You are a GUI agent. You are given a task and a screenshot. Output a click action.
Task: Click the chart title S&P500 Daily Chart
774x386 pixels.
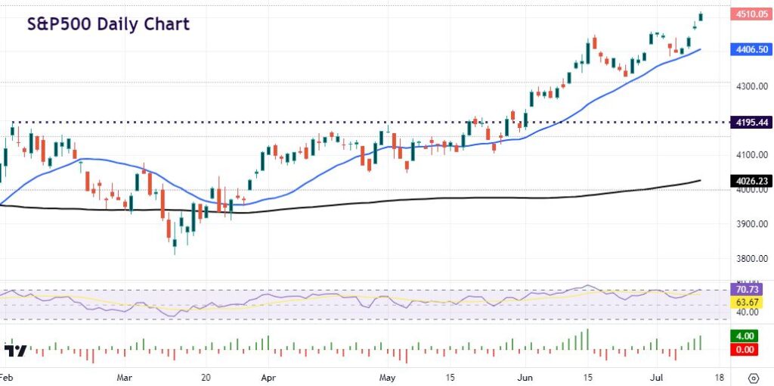[109, 24]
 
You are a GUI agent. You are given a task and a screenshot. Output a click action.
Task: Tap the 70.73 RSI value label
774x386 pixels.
[751, 289]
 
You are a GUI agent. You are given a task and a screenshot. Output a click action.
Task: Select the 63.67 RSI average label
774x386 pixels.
[751, 302]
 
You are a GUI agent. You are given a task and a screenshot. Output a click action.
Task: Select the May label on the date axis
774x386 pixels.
[388, 376]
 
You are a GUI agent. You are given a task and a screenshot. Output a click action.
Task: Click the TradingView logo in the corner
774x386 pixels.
[16, 351]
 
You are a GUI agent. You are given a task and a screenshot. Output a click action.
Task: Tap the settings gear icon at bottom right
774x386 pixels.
[753, 377]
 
